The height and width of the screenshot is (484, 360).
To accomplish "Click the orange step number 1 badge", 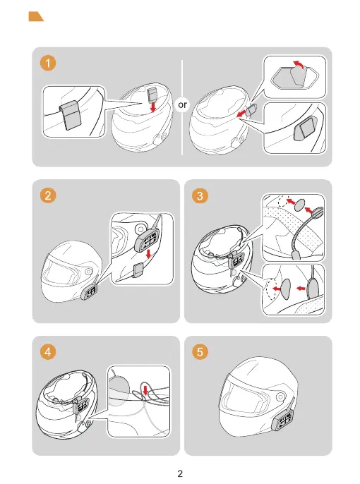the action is click(x=48, y=63).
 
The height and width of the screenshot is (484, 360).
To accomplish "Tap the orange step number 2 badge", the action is click(x=48, y=195).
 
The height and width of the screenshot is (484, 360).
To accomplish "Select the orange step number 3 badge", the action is click(x=200, y=195).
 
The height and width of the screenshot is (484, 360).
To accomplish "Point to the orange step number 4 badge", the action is click(x=48, y=352).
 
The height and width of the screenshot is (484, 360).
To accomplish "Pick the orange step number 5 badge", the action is click(x=200, y=352).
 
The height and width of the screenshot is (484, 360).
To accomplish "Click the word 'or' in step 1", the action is click(x=182, y=105).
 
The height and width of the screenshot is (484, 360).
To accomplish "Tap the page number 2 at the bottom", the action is click(x=180, y=473).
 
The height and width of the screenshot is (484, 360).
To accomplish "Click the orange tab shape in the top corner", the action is click(x=35, y=17).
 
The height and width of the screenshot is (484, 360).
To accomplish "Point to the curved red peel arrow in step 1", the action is click(x=299, y=65).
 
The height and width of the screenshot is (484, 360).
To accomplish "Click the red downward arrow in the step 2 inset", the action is click(x=148, y=254).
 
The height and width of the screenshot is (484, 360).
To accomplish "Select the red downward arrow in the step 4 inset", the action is click(x=145, y=390).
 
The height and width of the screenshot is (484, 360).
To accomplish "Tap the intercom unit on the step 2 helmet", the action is click(x=90, y=291).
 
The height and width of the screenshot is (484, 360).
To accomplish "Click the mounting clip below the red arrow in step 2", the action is click(x=138, y=271).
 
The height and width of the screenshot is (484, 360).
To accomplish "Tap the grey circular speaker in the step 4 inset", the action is click(x=118, y=388).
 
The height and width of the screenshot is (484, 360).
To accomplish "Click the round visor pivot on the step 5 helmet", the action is click(x=281, y=397).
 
